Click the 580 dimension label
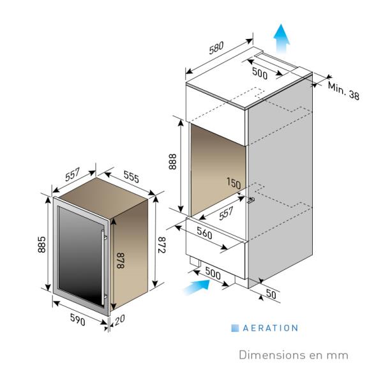click(216, 48)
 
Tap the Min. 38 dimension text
click(343, 91)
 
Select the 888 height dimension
click(172, 161)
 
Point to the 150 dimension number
click(234, 183)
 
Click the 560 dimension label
click(204, 233)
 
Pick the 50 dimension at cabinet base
click(271, 294)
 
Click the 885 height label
click(41, 244)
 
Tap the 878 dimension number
click(121, 260)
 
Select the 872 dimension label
click(161, 244)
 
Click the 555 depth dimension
click(131, 177)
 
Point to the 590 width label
click(78, 320)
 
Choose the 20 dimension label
click(119, 320)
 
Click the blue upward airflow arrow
click(282, 38)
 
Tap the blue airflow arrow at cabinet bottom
click(197, 287)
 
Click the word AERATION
click(271, 328)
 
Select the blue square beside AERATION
click(235, 328)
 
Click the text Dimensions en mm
click(294, 355)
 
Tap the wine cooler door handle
click(103, 267)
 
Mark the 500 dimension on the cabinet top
click(260, 73)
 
